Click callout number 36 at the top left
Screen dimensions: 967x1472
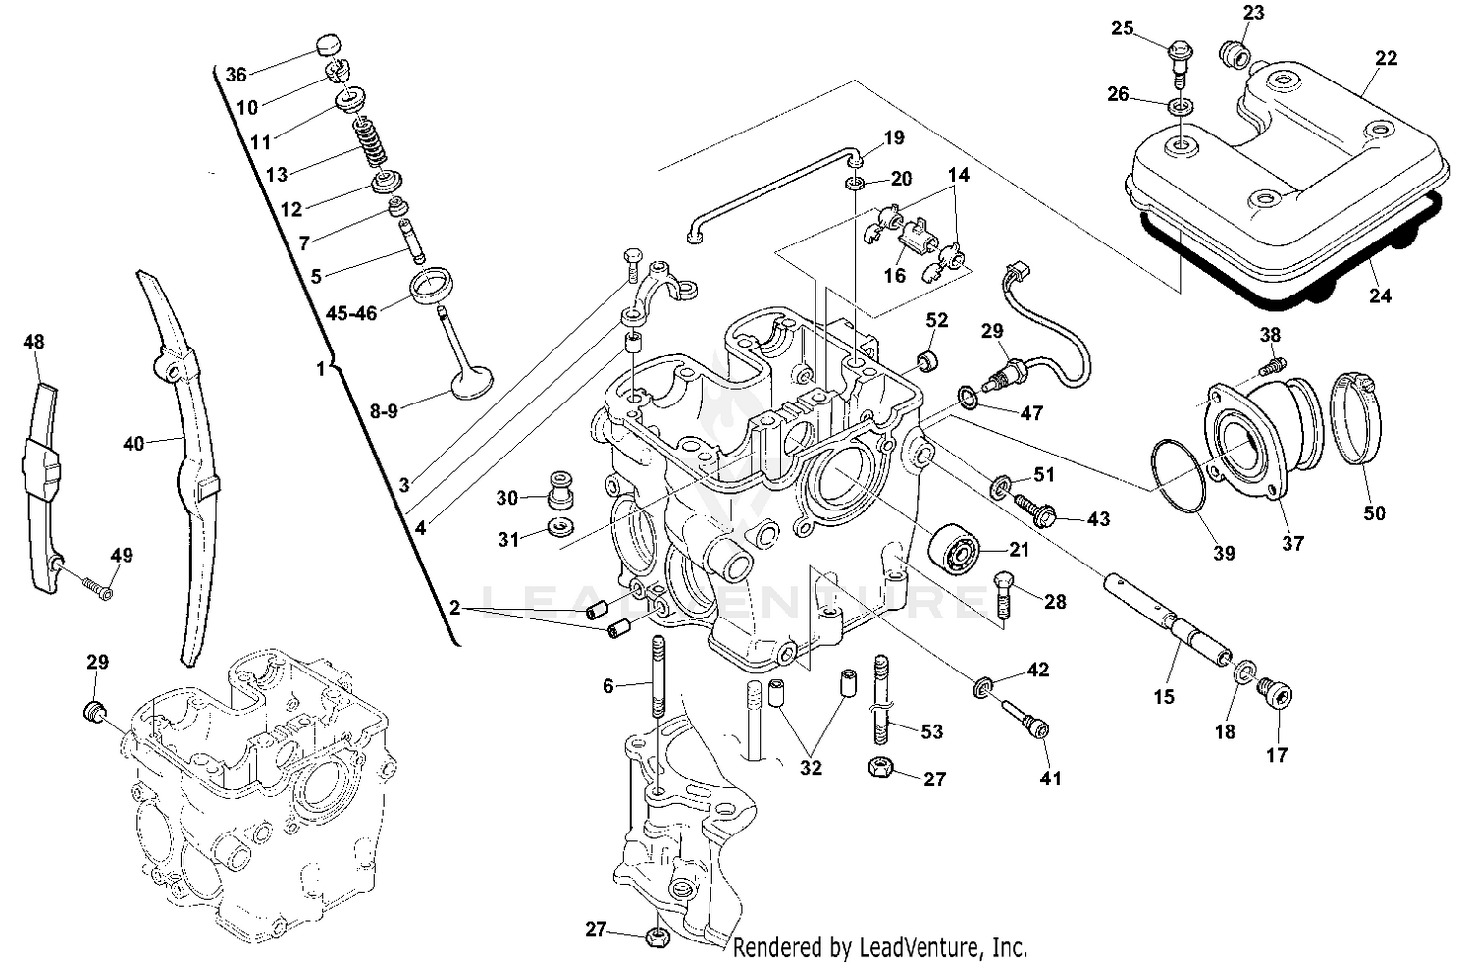point(236,75)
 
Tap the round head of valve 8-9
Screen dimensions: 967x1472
point(470,382)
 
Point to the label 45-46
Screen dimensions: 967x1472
point(351,314)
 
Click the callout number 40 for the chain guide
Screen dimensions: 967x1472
point(133,444)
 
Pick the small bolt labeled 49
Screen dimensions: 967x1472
point(96,588)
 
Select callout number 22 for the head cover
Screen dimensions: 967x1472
point(1386,58)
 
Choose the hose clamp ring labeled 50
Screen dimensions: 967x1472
point(1356,418)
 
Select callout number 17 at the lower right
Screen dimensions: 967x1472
point(1277,755)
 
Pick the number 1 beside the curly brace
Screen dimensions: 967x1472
point(319,369)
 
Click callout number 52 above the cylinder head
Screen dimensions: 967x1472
point(937,321)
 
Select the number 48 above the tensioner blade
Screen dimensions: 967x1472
point(33,342)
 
